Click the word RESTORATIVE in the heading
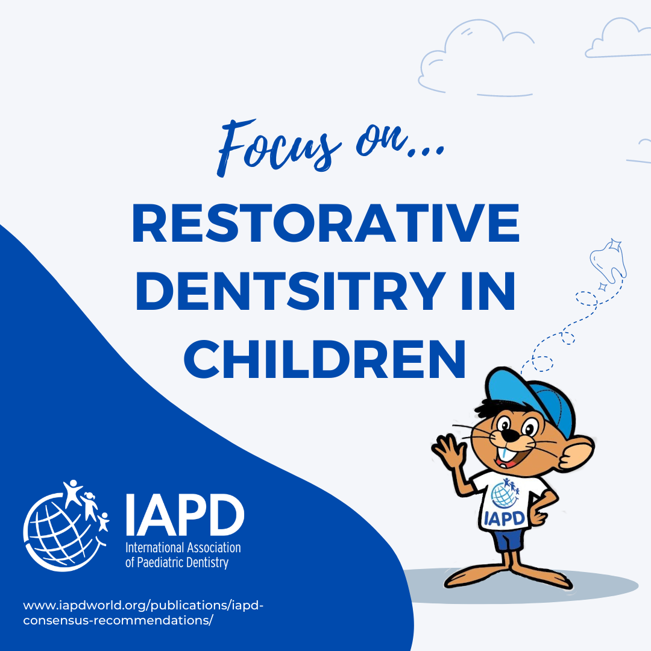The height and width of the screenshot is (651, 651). click(325, 223)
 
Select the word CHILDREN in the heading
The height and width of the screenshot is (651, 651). click(325, 359)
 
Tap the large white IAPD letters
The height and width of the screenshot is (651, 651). click(185, 515)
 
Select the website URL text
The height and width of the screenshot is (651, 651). click(143, 612)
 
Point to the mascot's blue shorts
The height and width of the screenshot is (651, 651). click(508, 539)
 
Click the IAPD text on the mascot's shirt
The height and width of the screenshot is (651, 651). click(505, 518)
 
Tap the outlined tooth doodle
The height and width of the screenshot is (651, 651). click(608, 260)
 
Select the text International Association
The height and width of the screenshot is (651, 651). click(183, 547)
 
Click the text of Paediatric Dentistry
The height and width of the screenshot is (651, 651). click(177, 562)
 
